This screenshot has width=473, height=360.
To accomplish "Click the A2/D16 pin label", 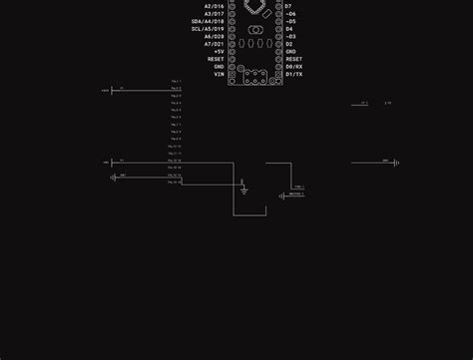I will click(x=215, y=6).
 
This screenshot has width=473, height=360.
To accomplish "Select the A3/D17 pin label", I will click(x=215, y=14).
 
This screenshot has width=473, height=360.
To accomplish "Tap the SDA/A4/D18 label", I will click(x=209, y=21).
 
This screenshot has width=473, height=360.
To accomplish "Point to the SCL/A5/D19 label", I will click(x=209, y=29).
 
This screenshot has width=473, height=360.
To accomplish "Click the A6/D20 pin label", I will click(x=215, y=37).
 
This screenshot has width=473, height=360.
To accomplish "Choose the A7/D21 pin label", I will click(x=215, y=44).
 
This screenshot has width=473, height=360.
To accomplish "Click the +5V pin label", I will click(x=219, y=52).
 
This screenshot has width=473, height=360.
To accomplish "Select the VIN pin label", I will click(x=220, y=74).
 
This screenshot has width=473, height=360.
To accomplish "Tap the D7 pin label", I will click(x=288, y=6).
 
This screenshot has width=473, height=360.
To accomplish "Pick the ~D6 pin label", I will click(x=290, y=14).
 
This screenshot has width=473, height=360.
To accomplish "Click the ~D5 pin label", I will click(x=290, y=21).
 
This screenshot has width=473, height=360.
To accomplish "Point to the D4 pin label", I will click(x=288, y=29).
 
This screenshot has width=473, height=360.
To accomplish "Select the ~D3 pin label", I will click(x=290, y=37).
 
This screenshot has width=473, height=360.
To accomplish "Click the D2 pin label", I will click(x=288, y=44).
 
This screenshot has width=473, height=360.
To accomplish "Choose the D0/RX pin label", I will click(x=293, y=67).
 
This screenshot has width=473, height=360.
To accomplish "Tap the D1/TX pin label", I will click(x=293, y=74).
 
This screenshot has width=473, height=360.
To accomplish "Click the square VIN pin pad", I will click(x=233, y=74).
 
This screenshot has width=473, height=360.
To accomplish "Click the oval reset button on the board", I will click(x=255, y=43).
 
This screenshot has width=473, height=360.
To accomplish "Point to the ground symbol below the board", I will click(x=242, y=187).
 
